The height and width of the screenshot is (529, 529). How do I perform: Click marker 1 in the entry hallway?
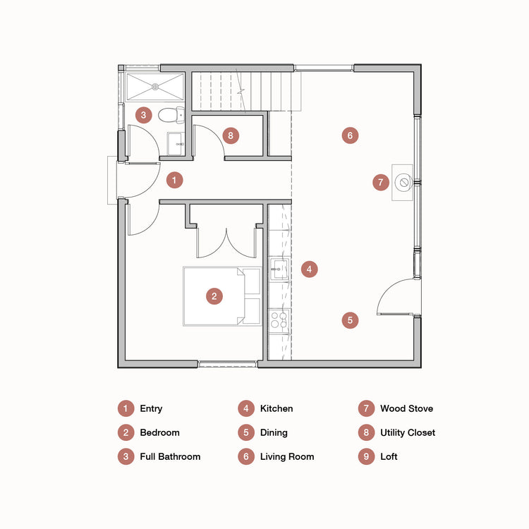coord(174,181)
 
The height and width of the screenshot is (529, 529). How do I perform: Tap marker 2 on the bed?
coord(214,296)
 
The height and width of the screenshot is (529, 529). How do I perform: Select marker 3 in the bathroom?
coord(143,114)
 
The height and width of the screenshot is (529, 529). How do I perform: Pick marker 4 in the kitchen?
coord(308,269)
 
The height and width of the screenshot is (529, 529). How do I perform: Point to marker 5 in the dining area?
coord(350,320)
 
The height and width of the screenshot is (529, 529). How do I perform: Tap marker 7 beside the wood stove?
coord(381,183)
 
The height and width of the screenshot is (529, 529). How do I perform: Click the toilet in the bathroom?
coord(170,114)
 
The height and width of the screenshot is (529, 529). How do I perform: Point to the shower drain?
coord(155,87)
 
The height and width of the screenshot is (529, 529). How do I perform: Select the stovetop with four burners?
coord(279,321)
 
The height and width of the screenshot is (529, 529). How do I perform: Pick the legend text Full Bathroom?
coord(170,456)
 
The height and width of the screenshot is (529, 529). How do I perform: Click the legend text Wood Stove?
coord(406,408)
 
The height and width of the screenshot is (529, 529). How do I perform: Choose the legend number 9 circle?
coord(365,456)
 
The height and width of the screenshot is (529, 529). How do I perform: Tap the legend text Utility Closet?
coord(408,432)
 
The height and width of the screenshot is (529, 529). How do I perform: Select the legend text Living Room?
coord(287,456)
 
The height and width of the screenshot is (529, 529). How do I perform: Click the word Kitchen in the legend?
coord(276,408)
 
